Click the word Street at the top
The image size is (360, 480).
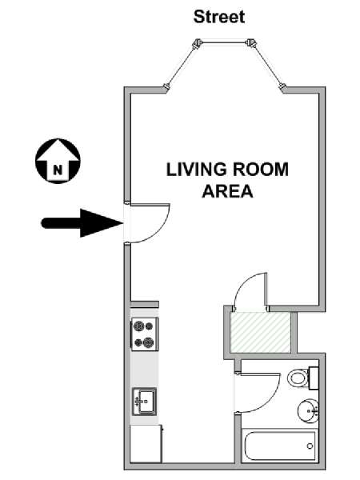click(x=219, y=17)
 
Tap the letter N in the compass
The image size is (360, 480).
click(x=58, y=170)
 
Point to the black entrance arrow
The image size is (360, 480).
click(x=82, y=223)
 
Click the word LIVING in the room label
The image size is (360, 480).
click(x=197, y=170)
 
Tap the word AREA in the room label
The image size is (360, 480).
click(x=227, y=191)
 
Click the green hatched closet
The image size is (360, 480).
click(x=260, y=333)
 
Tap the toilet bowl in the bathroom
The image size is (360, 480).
click(x=298, y=378)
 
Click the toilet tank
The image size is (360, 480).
click(x=314, y=378)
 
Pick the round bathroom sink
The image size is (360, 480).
click(x=308, y=411)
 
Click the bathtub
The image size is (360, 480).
click(x=279, y=446)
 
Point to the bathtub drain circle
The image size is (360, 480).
click(x=310, y=446)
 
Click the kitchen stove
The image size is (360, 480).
click(x=145, y=334)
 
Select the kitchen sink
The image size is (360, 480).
click(x=144, y=402)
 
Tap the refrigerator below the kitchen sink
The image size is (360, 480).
click(x=146, y=443)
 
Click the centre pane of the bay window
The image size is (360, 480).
click(x=224, y=42)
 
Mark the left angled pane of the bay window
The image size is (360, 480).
click(x=181, y=66)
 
